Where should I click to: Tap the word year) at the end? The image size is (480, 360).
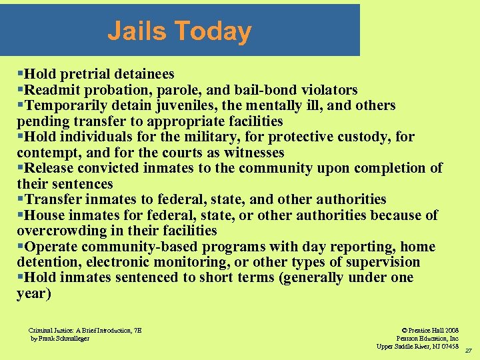[33, 293]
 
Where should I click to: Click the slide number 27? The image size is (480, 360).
[468, 351]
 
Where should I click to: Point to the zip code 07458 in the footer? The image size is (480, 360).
[447, 346]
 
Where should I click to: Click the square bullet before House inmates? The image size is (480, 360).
[21, 215]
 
